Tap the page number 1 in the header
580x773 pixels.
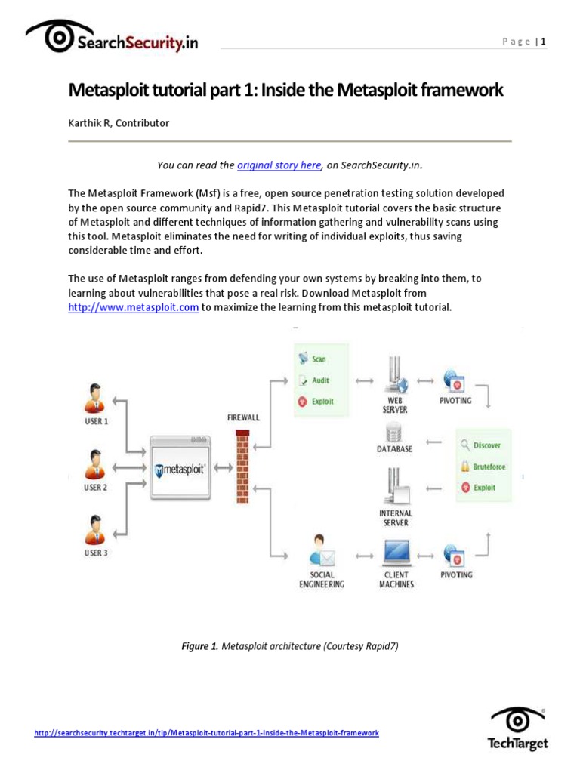tap(542, 42)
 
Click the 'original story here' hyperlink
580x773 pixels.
tap(279, 165)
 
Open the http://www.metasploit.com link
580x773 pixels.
tap(134, 307)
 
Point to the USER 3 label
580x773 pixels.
tap(95, 553)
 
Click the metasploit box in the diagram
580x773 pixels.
tap(180, 469)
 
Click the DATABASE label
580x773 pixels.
tap(394, 448)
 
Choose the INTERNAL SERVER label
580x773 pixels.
tap(395, 518)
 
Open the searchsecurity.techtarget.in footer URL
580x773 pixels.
tap(206, 733)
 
